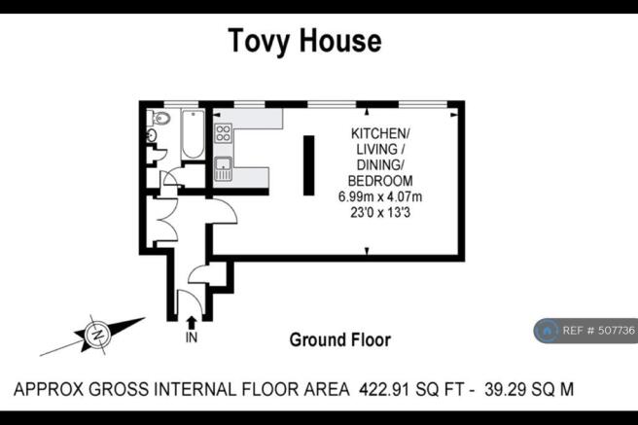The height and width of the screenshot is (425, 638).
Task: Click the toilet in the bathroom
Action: coord(159,117)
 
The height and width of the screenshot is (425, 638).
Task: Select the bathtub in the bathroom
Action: coord(193,134)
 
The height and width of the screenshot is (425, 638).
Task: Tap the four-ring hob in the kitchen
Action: coord(224,132)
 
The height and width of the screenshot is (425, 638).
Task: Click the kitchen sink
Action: coord(224,168)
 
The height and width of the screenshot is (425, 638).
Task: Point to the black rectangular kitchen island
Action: coord(309,165)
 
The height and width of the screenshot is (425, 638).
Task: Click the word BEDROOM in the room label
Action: coord(380,181)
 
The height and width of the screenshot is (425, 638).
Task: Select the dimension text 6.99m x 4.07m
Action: coord(380,196)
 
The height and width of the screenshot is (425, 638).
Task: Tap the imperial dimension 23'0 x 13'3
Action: coord(380,212)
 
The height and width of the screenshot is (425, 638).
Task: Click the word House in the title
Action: coord(341,40)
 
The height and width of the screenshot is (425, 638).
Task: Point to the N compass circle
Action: coord(97,335)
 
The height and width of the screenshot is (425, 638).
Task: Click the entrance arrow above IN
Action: coord(192,323)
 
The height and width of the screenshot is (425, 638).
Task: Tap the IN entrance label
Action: coord(192,337)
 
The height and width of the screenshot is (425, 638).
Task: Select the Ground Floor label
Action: coord(340,340)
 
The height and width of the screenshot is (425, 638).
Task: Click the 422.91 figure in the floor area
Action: coord(384,389)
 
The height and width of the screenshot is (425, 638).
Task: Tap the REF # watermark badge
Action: coord(585,331)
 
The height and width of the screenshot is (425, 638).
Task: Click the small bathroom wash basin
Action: coord(151,134)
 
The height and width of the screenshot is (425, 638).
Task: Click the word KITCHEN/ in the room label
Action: coord(380,133)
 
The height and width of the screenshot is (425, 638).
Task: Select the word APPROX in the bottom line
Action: coord(49,389)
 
